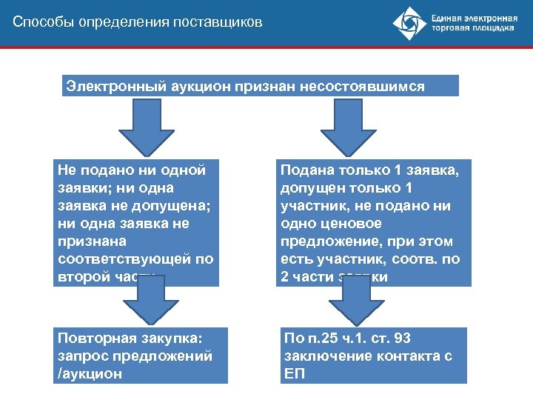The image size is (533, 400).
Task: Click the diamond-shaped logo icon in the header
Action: click(x=409, y=24)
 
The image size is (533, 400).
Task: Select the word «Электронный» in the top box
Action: click(x=111, y=87)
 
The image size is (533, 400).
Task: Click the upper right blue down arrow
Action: click(x=343, y=125)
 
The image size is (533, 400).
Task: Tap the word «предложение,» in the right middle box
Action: click(x=322, y=241)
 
